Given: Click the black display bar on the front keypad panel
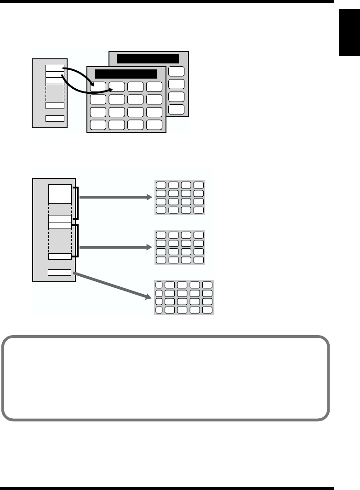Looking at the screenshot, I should pyautogui.click(x=126, y=74).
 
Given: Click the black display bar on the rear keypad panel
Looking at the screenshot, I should pyautogui.click(x=148, y=58).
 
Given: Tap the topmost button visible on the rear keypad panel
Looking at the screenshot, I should pyautogui.click(x=177, y=71).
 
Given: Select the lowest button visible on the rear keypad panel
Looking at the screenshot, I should pyautogui.click(x=177, y=110).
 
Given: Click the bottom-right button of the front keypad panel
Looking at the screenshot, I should pyautogui.click(x=154, y=125).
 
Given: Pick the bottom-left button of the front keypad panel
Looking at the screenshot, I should pyautogui.click(x=97, y=125).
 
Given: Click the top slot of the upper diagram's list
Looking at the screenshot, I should pyautogui.click(x=54, y=68).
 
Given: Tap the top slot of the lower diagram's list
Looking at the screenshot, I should pyautogui.click(x=60, y=188).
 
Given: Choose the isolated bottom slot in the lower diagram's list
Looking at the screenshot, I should pyautogui.click(x=60, y=273).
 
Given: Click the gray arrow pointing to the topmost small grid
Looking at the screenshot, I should pyautogui.click(x=115, y=198).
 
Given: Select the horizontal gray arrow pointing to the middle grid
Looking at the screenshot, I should pyautogui.click(x=115, y=247).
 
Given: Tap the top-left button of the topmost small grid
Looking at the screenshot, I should pyautogui.click(x=161, y=185).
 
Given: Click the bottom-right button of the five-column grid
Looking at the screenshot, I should pyautogui.click(x=207, y=310).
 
